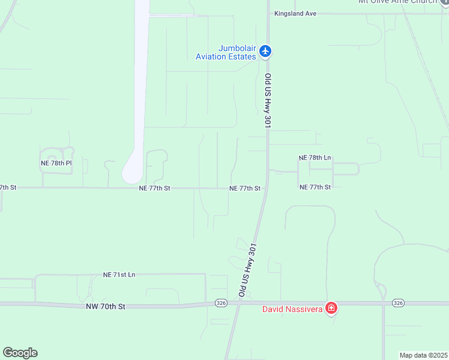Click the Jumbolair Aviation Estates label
click(225, 52)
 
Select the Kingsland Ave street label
click(295, 13)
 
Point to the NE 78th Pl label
click(56, 163)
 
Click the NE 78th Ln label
click(315, 157)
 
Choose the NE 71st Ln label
click(119, 275)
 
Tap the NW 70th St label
click(105, 307)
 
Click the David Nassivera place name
click(292, 309)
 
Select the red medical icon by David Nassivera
click(331, 308)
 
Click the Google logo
click(20, 353)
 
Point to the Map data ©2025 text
click(424, 355)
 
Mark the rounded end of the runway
click(132, 174)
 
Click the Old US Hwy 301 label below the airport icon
click(268, 100)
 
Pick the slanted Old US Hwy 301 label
click(247, 270)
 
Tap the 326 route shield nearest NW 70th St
click(220, 304)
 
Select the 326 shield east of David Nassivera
click(397, 303)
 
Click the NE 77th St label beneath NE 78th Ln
click(315, 187)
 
